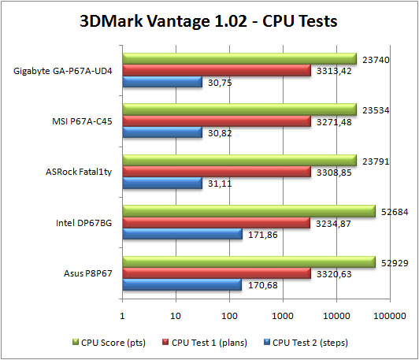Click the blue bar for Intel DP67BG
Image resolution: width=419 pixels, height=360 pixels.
[x=181, y=234]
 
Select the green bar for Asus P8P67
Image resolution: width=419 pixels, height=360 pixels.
[x=248, y=262]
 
